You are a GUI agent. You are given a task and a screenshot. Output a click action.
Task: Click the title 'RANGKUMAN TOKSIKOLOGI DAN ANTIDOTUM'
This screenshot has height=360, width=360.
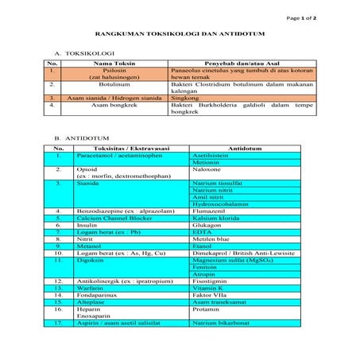(180, 34)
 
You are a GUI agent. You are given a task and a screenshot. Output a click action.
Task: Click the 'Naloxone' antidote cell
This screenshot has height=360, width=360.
(207, 168)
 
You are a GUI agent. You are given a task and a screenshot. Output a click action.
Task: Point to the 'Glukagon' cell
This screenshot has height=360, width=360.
(207, 225)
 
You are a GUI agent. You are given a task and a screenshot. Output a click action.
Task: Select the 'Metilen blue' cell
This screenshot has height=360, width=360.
(211, 238)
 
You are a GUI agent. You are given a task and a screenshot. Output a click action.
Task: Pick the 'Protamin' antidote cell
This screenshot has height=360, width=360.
(207, 309)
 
